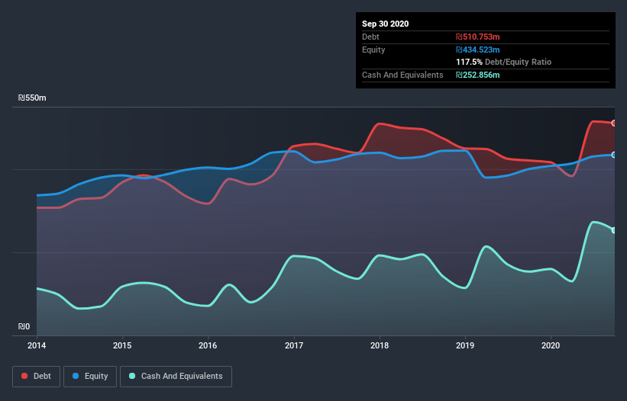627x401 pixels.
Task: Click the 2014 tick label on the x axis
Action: pos(37,345)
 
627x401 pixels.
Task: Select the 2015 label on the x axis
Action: pos(122,345)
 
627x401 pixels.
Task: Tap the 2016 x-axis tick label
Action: pos(208,345)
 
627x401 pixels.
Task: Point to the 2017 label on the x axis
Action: pos(294,345)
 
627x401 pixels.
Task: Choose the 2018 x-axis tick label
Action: pos(380,345)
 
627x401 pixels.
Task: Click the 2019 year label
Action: pos(465,345)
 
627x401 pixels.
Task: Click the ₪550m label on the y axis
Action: pos(32,98)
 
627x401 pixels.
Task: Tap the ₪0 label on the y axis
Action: pos(24,327)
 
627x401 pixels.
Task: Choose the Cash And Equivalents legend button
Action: pos(176,376)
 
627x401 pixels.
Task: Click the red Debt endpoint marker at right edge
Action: pos(614,123)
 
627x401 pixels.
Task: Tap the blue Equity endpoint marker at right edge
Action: pos(614,155)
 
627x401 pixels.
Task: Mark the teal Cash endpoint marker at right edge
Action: pos(614,230)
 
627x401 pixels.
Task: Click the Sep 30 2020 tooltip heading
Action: pos(385,24)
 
